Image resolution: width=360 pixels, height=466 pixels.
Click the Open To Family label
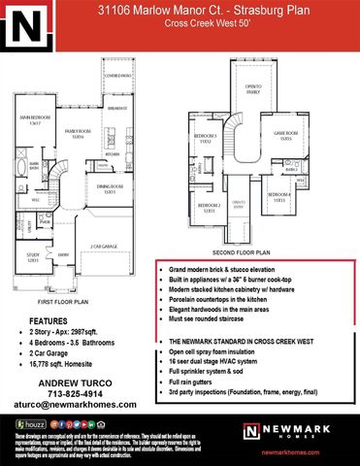coord(253,88)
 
